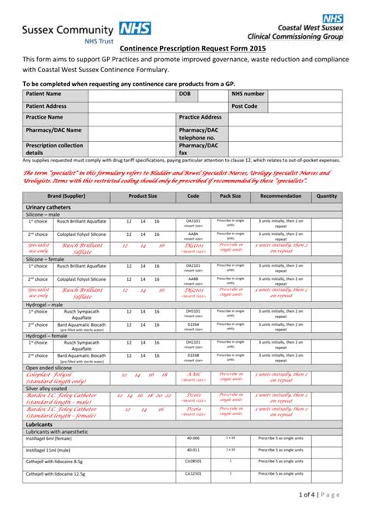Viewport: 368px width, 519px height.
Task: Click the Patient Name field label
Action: click(44, 93)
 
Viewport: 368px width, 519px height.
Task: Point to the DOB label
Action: click(185, 93)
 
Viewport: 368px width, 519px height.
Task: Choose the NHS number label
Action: click(248, 93)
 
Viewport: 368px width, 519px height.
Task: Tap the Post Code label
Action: click(245, 106)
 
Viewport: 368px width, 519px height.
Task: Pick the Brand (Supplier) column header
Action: click(64, 196)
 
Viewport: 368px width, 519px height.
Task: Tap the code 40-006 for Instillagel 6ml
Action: click(193, 438)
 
